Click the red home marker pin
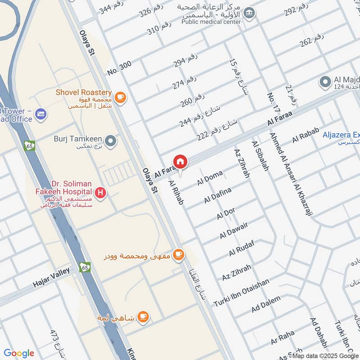click(x=180, y=162)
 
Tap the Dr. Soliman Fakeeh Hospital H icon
click(x=102, y=193)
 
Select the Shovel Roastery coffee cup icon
click(x=120, y=96)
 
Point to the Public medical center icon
click(x=248, y=14)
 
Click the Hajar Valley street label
click(x=52, y=278)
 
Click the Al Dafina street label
click(x=218, y=195)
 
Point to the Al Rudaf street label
click(x=242, y=248)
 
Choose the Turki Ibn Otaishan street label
click(x=242, y=291)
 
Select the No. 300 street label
click(x=119, y=68)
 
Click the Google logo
click(x=19, y=353)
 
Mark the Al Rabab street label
click(x=306, y=135)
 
